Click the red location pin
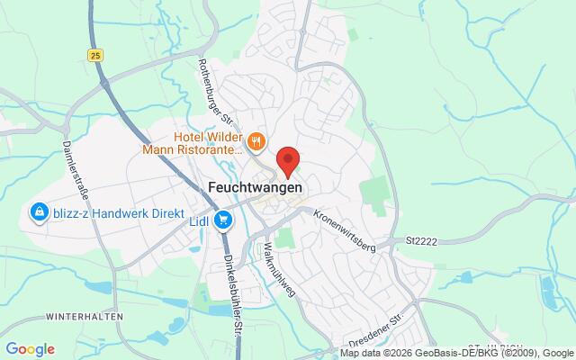[288, 160]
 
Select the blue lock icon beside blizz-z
[40, 212]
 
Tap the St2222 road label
[422, 239]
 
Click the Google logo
[29, 349]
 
